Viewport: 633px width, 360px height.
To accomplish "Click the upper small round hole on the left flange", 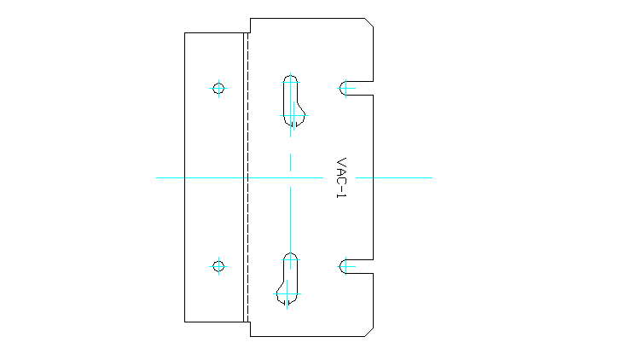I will coord(218,88).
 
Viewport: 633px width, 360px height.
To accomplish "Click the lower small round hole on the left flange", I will coord(218,266).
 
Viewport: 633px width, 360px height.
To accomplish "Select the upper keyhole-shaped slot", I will coord(292,101).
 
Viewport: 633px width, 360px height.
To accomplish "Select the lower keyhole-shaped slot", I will coord(289,279).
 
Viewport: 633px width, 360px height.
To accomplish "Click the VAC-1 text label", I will coord(341,177).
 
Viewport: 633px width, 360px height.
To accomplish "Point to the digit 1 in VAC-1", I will coord(341,196).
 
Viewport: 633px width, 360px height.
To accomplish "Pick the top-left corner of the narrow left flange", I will coord(185,32).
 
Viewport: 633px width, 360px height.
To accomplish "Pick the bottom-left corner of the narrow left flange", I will coord(185,322).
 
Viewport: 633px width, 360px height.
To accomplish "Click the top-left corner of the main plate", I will coord(250,18).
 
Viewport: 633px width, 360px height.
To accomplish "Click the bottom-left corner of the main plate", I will coord(250,336).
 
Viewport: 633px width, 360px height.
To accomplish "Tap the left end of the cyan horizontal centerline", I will coord(158,177).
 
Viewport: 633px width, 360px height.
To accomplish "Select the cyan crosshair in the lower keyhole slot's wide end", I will coord(287,295).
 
